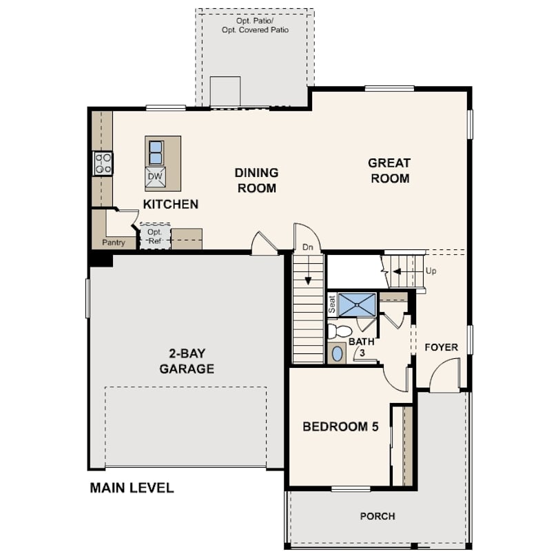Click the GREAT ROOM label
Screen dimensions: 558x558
coord(389,171)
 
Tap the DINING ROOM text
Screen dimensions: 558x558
coord(256,180)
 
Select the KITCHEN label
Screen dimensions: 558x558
coord(171,204)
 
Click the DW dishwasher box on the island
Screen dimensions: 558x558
coord(156,177)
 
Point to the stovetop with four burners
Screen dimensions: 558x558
coord(103,163)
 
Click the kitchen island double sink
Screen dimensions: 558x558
coord(156,152)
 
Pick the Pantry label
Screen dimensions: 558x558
coord(114,242)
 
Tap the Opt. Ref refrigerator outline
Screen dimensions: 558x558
coord(155,236)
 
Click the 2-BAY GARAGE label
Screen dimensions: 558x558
coord(187,361)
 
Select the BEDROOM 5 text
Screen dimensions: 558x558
coord(340,426)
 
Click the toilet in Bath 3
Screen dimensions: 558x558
coord(339,331)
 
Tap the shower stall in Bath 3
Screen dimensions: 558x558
coord(358,304)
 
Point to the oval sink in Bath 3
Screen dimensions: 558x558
coord(337,354)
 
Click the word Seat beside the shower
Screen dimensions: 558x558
coord(332,304)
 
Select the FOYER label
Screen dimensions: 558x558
coord(441,347)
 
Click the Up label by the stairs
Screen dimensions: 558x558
coord(431,271)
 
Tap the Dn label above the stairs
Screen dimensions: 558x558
coord(308,247)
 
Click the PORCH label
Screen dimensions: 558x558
coord(378,516)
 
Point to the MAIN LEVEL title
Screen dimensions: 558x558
coord(132,488)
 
